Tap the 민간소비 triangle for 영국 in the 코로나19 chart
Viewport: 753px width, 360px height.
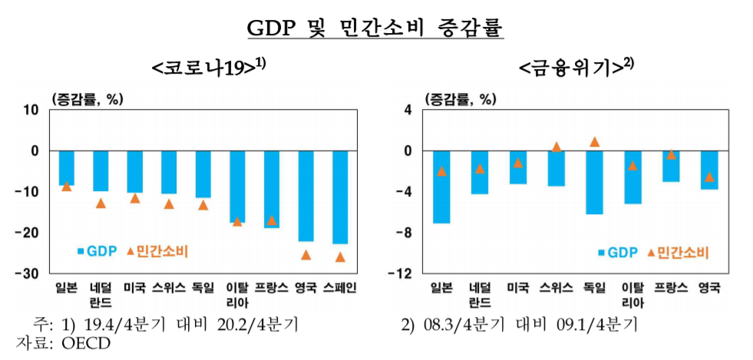305,254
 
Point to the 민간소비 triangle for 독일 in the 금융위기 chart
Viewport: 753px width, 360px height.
594,142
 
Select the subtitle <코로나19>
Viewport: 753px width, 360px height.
208,68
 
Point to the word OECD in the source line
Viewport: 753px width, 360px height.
82,342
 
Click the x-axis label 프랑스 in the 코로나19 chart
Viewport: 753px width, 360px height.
271,288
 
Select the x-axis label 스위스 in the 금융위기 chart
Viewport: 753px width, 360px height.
556,288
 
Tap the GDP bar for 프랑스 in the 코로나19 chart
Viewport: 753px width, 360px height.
271,189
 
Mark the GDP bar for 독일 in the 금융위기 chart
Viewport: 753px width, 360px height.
594,182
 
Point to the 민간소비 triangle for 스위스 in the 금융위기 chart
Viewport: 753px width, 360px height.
556,147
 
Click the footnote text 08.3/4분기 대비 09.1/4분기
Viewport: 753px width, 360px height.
529,324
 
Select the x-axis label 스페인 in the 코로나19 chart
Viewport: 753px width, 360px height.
339,288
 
